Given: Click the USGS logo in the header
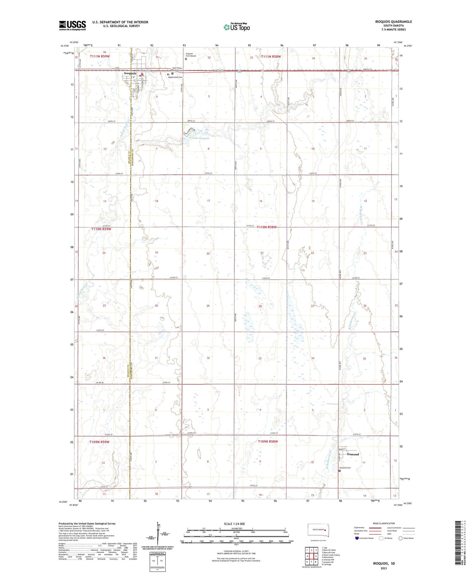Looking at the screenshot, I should click(x=72, y=25).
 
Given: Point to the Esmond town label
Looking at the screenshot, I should click(x=353, y=454).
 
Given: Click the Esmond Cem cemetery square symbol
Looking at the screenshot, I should click(x=340, y=471).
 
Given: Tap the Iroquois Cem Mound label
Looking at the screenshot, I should click(x=191, y=55).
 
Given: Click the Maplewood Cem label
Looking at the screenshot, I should click(x=175, y=77).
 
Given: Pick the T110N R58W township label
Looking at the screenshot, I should click(x=268, y=227).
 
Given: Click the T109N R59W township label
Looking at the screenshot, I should click(x=100, y=442).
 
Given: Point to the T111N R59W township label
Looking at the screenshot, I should click(x=102, y=57).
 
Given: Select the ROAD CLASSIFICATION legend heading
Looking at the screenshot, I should click(x=384, y=523).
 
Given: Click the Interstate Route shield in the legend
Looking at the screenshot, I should click(x=357, y=538).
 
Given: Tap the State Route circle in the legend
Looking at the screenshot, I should click(x=400, y=538).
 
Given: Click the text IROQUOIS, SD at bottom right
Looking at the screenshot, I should click(x=384, y=563).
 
